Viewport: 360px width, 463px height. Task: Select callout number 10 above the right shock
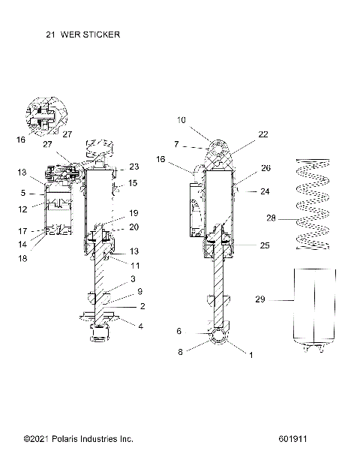[181, 120]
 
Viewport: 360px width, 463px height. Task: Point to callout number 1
[250, 357]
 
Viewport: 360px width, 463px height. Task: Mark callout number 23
[134, 167]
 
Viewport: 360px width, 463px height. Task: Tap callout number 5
[23, 193]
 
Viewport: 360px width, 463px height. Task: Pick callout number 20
[134, 227]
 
